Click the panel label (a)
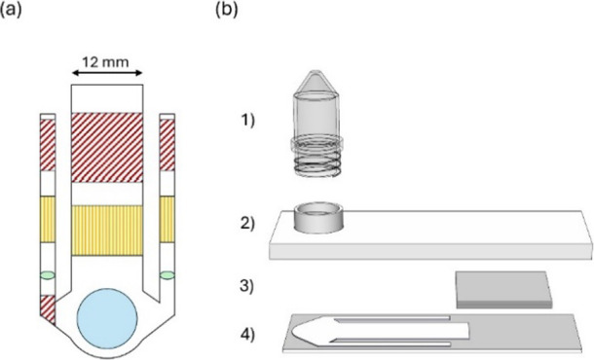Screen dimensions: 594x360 (x=11, y=9)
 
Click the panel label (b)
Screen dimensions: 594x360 (x=227, y=9)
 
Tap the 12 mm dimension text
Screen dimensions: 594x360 (x=106, y=61)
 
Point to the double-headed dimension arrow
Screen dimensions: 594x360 (x=107, y=73)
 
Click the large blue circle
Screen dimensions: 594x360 (x=107, y=318)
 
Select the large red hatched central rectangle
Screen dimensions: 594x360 (x=107, y=148)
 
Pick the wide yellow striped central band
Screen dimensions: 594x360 (x=107, y=231)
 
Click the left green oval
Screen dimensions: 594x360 (x=48, y=275)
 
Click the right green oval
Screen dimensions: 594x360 (x=167, y=275)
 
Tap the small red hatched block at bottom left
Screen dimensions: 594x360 (x=47, y=308)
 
